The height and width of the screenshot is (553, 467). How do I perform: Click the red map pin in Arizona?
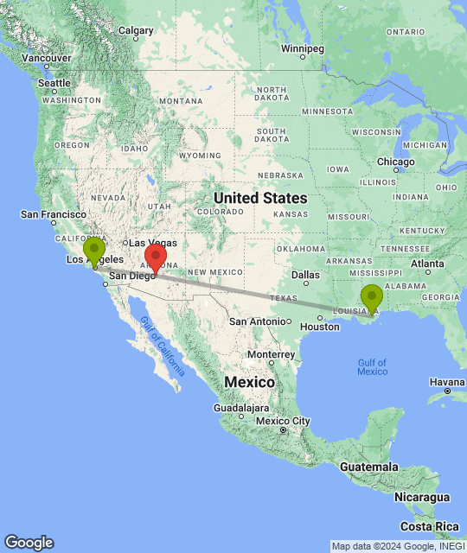tap(155, 257)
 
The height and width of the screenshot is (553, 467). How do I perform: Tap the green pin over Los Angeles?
tap(94, 250)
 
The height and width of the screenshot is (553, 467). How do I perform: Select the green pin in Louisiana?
tap(372, 297)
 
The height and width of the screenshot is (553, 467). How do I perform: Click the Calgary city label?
tap(136, 30)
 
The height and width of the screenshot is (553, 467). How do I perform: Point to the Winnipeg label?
tap(301, 48)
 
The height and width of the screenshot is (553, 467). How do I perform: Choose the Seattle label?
tap(54, 83)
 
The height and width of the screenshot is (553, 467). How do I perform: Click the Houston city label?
tap(320, 327)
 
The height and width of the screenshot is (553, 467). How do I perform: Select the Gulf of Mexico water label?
tap(372, 366)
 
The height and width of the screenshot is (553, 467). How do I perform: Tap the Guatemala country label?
tap(369, 467)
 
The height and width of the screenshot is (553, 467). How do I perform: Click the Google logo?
tap(28, 543)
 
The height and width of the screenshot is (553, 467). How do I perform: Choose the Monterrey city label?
tap(271, 354)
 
